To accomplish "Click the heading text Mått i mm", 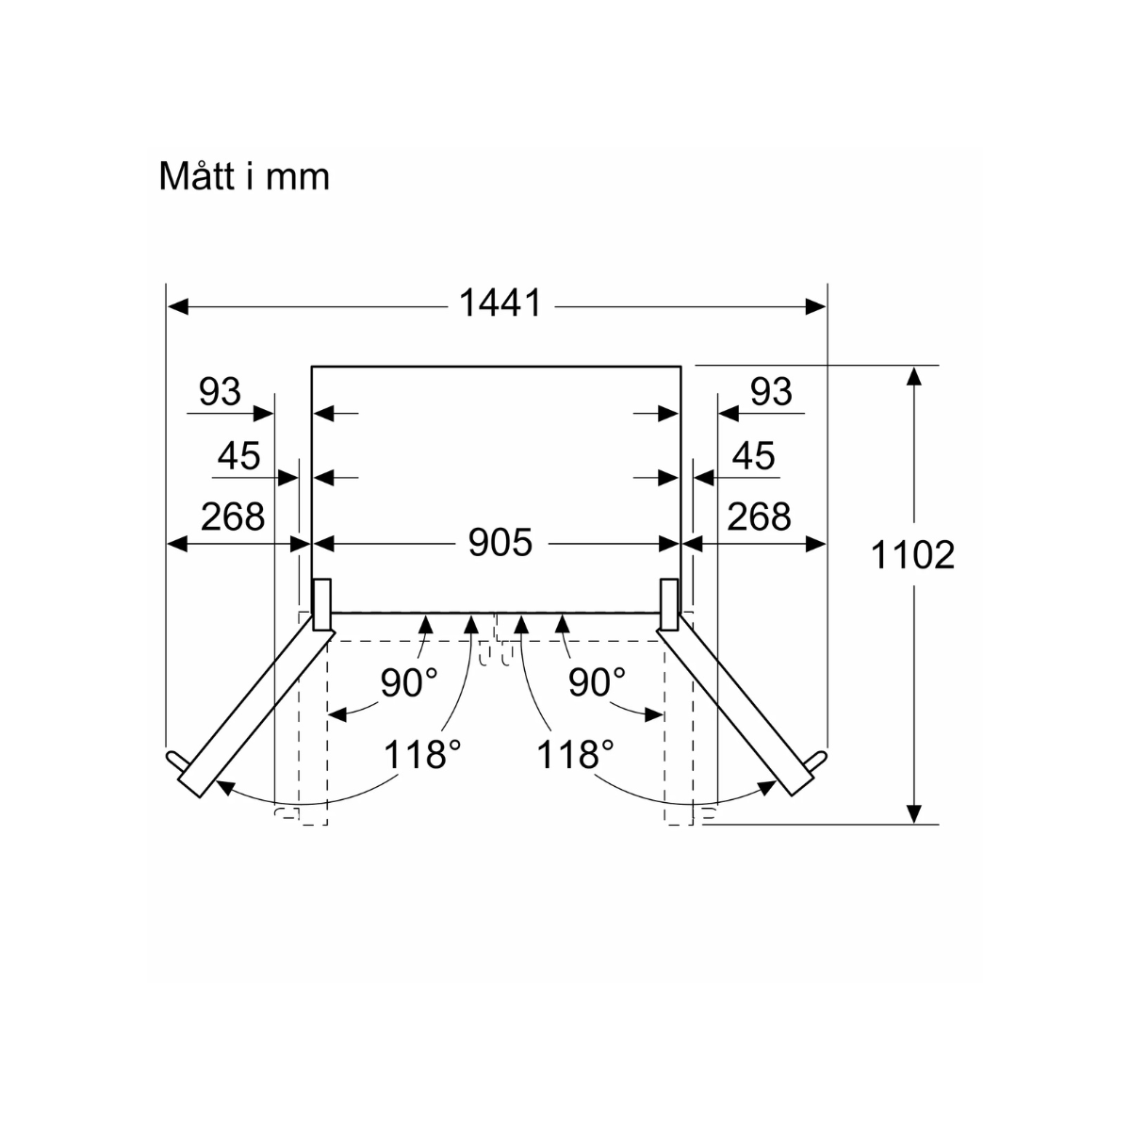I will tap(244, 176).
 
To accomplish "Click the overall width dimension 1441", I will tap(500, 303).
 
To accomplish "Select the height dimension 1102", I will tap(911, 555).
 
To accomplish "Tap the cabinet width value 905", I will tap(500, 543).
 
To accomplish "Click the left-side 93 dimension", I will tap(220, 391).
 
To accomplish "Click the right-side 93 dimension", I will tap(771, 391).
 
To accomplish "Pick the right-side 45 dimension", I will tap(753, 456).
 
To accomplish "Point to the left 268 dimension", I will tap(232, 516).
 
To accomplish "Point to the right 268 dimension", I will tap(759, 516).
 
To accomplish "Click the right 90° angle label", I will tap(597, 683).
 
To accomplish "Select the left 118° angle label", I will tap(421, 754).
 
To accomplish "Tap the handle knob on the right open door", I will tap(820, 759).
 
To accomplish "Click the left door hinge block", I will tap(321, 604).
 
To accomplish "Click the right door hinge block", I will tap(670, 604).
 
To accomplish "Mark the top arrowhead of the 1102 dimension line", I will tap(912, 375).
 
